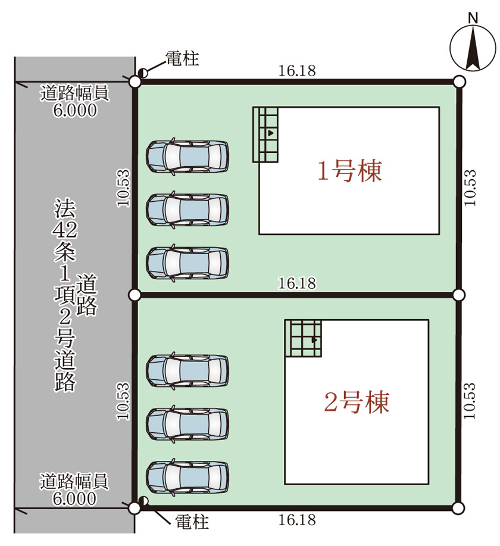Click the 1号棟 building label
coord(349,171)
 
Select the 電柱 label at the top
coord(182,58)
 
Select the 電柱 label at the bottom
coord(192,522)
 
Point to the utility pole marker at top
coord(143,73)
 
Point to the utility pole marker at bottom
coord(143,501)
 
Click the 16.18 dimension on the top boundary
coord(297,71)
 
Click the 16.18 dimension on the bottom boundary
coord(297,520)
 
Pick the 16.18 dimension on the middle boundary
coord(297,283)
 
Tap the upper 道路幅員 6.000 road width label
coord(74,101)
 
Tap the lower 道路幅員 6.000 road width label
coord(74,489)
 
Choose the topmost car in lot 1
coord(187,157)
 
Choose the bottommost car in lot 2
coord(187,477)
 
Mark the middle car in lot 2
coord(187,424)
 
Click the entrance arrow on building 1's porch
coord(271,133)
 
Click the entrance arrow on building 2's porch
coord(314,340)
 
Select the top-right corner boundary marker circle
coord(460,82)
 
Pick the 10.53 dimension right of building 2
coord(470,401)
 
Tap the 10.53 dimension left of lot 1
coord(123,188)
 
